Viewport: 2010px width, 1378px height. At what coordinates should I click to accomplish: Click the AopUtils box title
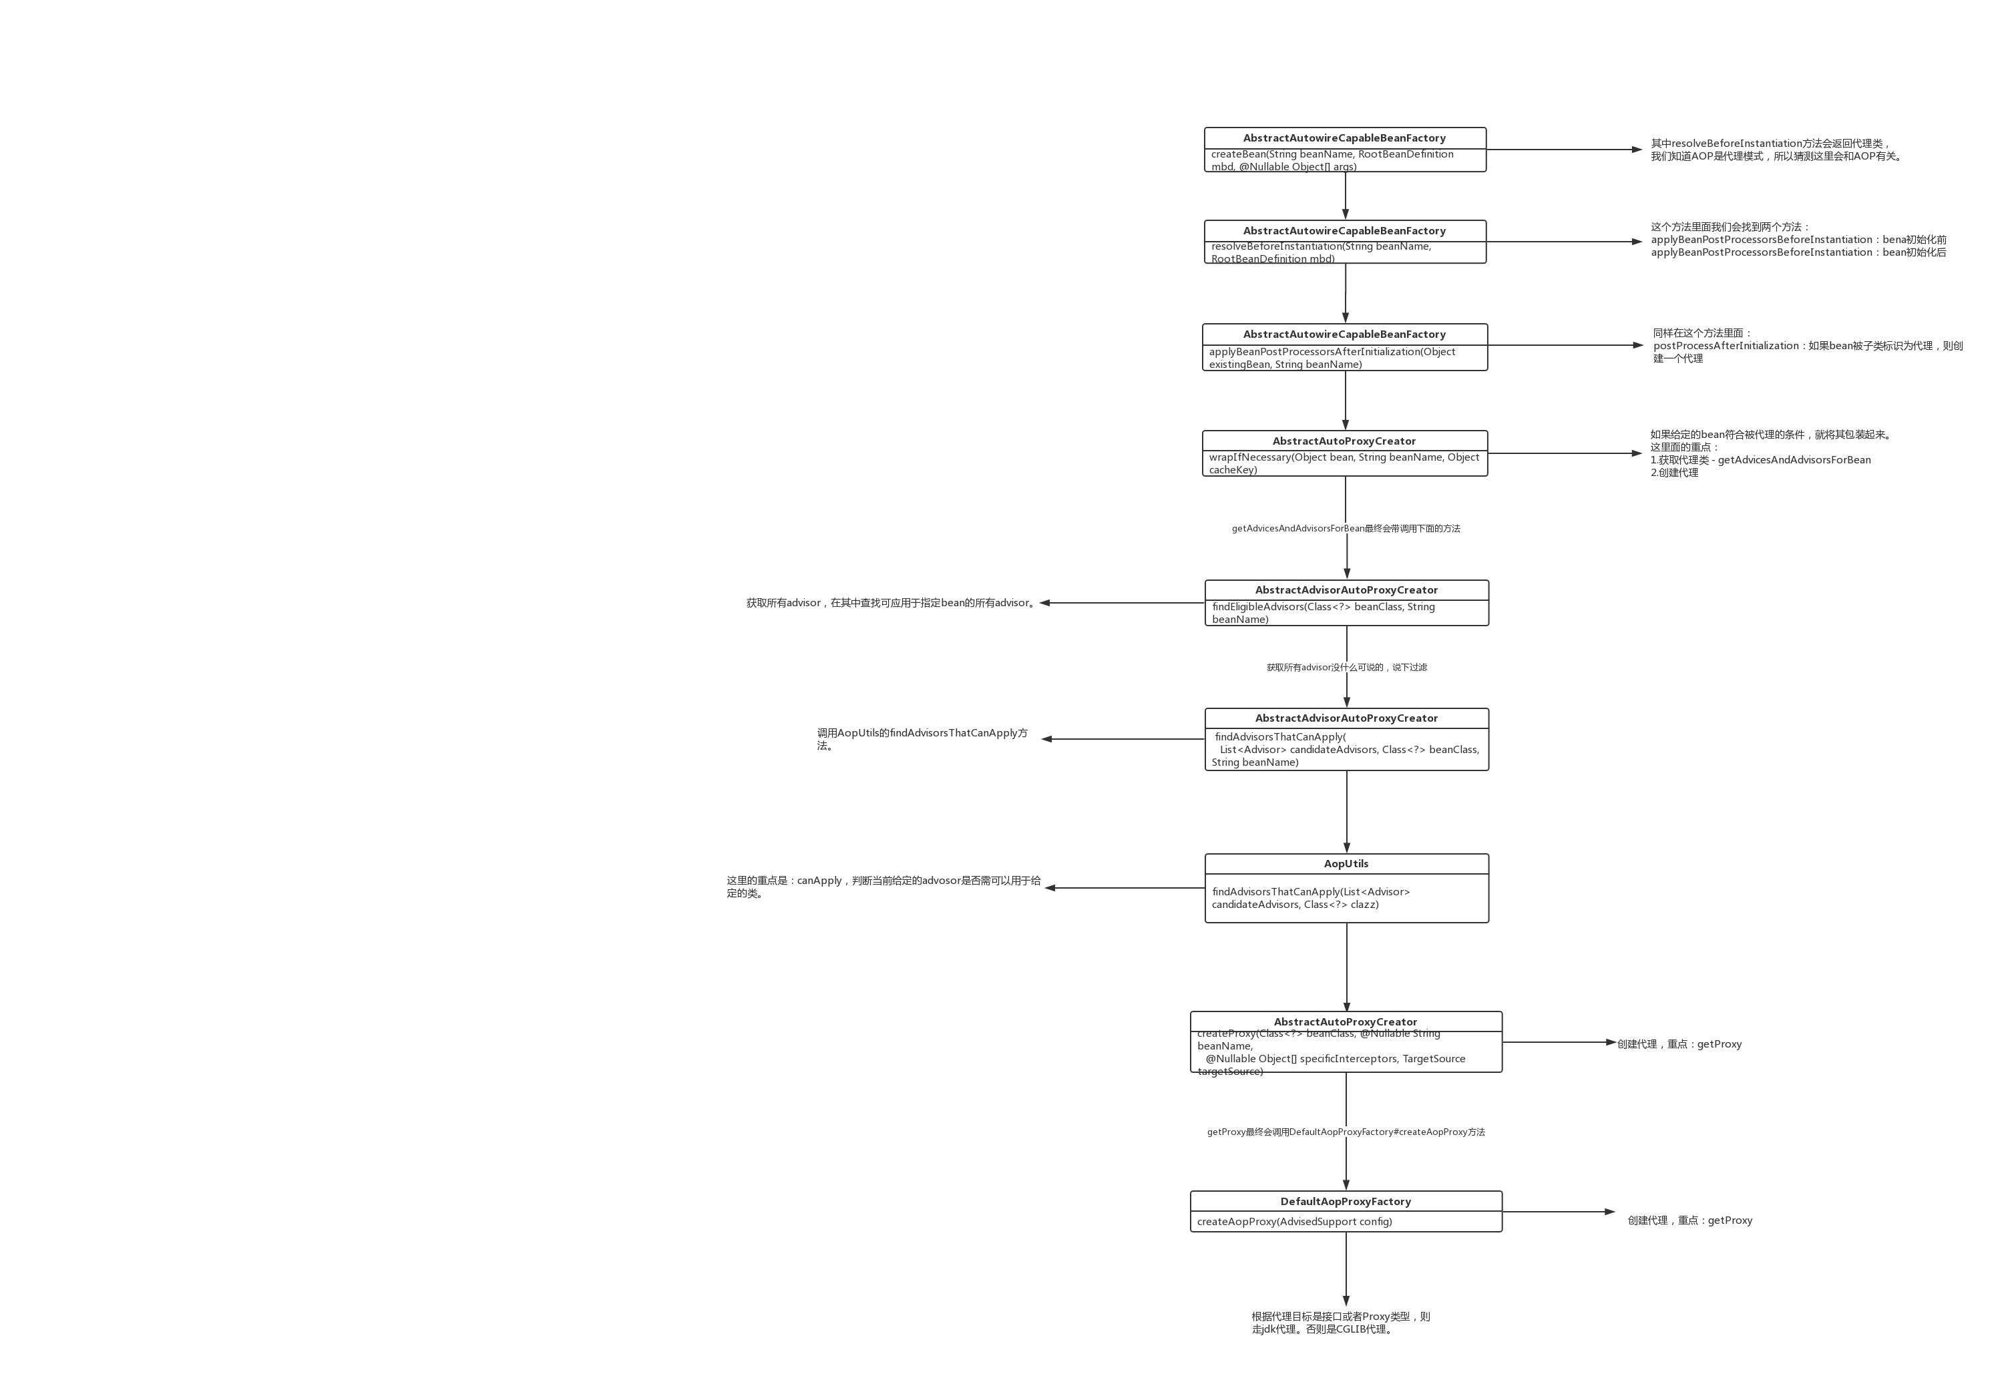click(1346, 864)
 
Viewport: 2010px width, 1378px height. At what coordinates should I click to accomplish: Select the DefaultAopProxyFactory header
click(1345, 1201)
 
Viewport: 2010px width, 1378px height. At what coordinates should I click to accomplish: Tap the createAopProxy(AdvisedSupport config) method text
click(1294, 1222)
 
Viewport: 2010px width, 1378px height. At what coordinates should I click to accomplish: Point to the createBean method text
click(1332, 160)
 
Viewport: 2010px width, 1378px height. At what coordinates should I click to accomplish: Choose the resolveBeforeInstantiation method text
click(1321, 252)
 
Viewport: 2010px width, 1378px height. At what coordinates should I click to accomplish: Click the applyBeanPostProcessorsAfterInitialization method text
click(1332, 358)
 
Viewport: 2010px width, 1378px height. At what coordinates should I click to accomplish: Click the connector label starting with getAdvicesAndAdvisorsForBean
click(1346, 528)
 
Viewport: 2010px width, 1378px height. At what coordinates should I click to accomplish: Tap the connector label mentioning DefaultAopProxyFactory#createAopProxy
click(1346, 1132)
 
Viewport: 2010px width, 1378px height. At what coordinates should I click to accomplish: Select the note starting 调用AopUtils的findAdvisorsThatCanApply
click(922, 738)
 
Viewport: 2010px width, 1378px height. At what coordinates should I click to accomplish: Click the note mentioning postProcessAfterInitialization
click(1808, 346)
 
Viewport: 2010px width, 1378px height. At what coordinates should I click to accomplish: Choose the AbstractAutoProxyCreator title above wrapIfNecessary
click(1344, 441)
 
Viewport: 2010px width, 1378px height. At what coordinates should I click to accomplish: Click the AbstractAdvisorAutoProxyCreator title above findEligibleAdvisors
click(1346, 590)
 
